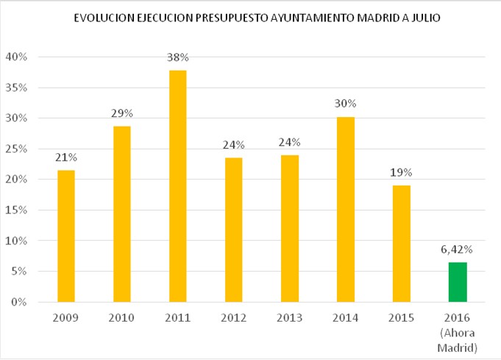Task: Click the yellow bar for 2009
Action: click(x=65, y=236)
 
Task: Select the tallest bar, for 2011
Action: click(x=177, y=186)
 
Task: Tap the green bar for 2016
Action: click(x=458, y=282)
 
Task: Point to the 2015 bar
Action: click(x=402, y=243)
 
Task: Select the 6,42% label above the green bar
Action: click(x=458, y=250)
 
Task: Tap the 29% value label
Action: click(x=121, y=113)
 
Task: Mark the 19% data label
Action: click(x=402, y=172)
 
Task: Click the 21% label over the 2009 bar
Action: click(x=65, y=158)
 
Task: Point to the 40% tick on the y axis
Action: click(x=16, y=57)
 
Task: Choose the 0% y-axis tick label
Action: click(x=19, y=302)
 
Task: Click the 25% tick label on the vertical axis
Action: click(x=16, y=149)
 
